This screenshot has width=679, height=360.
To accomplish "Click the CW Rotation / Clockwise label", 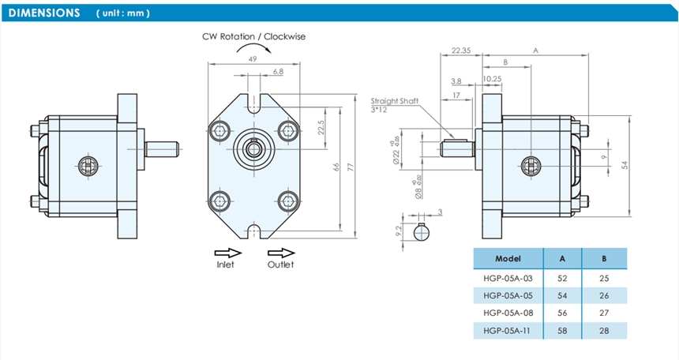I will tap(253, 36).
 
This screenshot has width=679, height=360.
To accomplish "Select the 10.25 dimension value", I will tap(492, 79).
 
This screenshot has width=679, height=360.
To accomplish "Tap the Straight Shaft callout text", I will tap(396, 101).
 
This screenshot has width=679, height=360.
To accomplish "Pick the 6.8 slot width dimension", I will tap(277, 72).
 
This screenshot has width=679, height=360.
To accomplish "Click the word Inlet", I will tap(226, 264).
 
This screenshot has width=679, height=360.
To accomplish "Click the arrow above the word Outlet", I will tap(279, 252).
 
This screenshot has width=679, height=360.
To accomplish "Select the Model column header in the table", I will tap(508, 258).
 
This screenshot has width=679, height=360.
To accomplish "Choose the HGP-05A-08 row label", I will tap(508, 312).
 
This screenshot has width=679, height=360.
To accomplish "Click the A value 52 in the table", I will tap(562, 277).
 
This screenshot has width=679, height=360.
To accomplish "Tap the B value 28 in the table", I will tap(604, 330).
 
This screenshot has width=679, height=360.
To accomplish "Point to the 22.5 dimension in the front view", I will tap(321, 127).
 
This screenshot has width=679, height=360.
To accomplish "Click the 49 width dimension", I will tap(253, 59).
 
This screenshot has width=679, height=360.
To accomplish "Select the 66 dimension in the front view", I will tap(336, 167).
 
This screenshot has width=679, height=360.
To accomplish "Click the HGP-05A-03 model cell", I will tap(508, 277).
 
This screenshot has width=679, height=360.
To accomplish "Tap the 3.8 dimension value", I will tap(456, 81).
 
